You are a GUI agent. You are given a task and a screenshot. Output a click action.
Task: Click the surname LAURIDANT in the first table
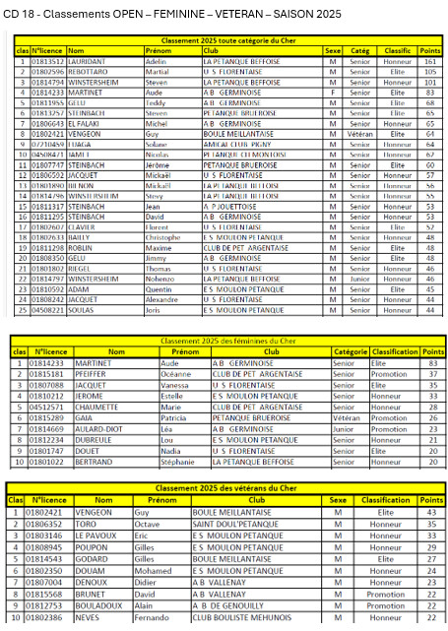(x=89, y=61)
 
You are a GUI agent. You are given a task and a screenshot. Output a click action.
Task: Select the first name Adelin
(x=157, y=61)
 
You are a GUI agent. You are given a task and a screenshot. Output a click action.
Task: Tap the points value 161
(x=429, y=61)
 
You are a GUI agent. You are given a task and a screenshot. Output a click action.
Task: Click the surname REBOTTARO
(x=90, y=71)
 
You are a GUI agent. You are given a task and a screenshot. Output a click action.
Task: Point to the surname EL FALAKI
(x=87, y=123)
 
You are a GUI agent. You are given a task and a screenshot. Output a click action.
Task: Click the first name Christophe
(x=164, y=236)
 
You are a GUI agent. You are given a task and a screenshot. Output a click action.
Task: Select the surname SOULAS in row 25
(x=83, y=309)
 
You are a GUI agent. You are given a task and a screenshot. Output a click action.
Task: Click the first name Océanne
(x=177, y=374)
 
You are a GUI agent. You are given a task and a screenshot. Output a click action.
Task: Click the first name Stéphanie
(x=179, y=461)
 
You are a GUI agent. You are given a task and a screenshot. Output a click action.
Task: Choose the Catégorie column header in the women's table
(x=352, y=350)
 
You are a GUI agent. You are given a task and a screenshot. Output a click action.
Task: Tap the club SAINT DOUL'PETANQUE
(x=235, y=525)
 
